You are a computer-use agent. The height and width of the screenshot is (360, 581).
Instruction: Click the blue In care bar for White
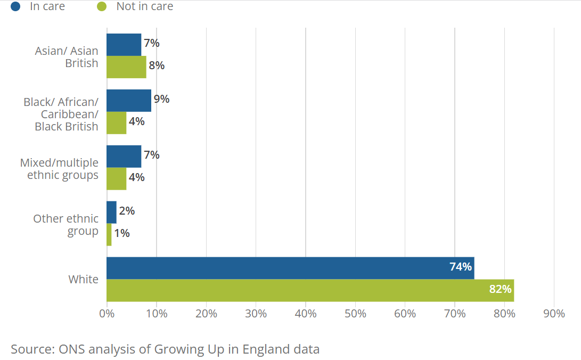[x=291, y=268]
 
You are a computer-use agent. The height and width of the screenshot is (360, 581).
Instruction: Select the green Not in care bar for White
[x=310, y=290]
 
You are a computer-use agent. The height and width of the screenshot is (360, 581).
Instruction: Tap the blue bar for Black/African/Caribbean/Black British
[x=129, y=100]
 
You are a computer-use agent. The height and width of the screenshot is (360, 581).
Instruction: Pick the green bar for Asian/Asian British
[x=126, y=67]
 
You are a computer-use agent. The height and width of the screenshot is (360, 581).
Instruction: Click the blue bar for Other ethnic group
[x=111, y=212]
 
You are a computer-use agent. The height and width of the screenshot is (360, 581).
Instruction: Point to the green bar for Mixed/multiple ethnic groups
[x=116, y=179]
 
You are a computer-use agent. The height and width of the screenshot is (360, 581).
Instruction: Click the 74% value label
[x=461, y=267]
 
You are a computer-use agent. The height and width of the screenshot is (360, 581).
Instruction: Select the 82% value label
[x=500, y=289]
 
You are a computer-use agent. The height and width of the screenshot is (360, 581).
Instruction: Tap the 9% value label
[x=161, y=99]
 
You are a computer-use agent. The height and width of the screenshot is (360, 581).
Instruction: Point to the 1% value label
[x=122, y=233]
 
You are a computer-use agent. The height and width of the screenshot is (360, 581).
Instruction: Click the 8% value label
[x=157, y=66]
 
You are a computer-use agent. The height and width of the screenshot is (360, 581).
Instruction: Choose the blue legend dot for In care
[x=15, y=6]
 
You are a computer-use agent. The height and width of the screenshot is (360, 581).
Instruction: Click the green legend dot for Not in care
[x=102, y=6]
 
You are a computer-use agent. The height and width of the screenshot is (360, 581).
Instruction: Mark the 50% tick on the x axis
[x=355, y=314]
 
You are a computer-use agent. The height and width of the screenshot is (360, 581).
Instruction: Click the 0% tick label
[x=107, y=314]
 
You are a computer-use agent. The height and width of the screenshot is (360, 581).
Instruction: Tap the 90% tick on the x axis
[x=554, y=314]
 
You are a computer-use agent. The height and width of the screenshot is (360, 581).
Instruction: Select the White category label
[x=84, y=279]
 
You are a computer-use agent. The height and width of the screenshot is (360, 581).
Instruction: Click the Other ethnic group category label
[x=66, y=225]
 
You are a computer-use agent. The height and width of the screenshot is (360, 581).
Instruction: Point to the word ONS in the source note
[x=72, y=349]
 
